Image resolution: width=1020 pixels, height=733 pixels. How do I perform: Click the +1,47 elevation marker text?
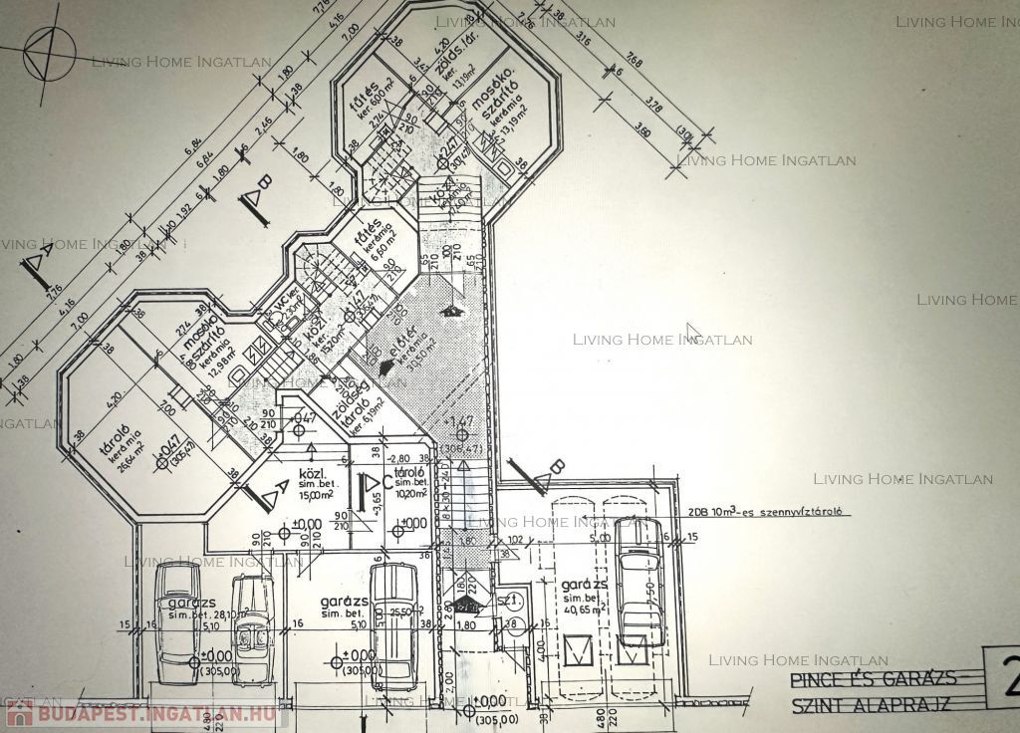click(460, 422)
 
